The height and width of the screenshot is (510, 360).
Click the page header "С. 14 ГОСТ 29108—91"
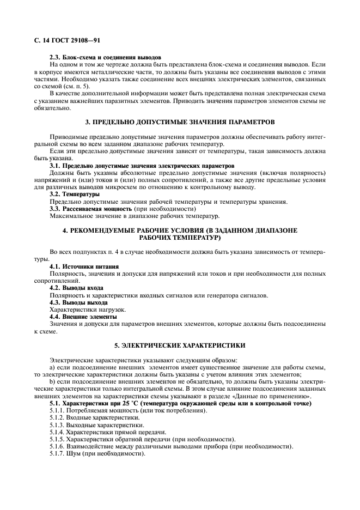[67, 40]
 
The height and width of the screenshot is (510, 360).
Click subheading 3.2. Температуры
[75, 193]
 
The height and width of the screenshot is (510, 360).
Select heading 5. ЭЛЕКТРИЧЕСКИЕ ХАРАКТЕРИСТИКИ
[180, 345]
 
